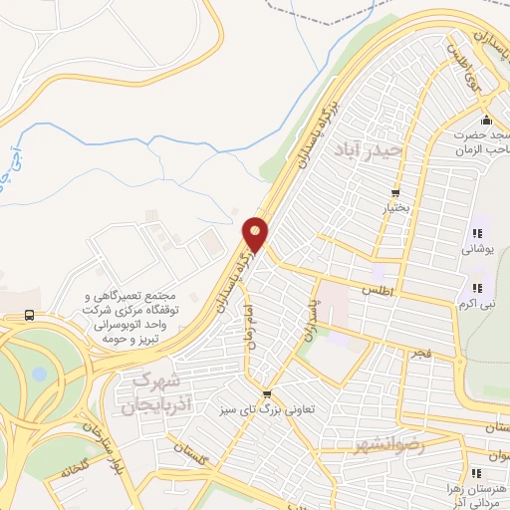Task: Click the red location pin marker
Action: (256, 234)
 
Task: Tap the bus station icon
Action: (29, 315)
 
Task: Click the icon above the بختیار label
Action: (395, 193)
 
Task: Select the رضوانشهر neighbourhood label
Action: (389, 446)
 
